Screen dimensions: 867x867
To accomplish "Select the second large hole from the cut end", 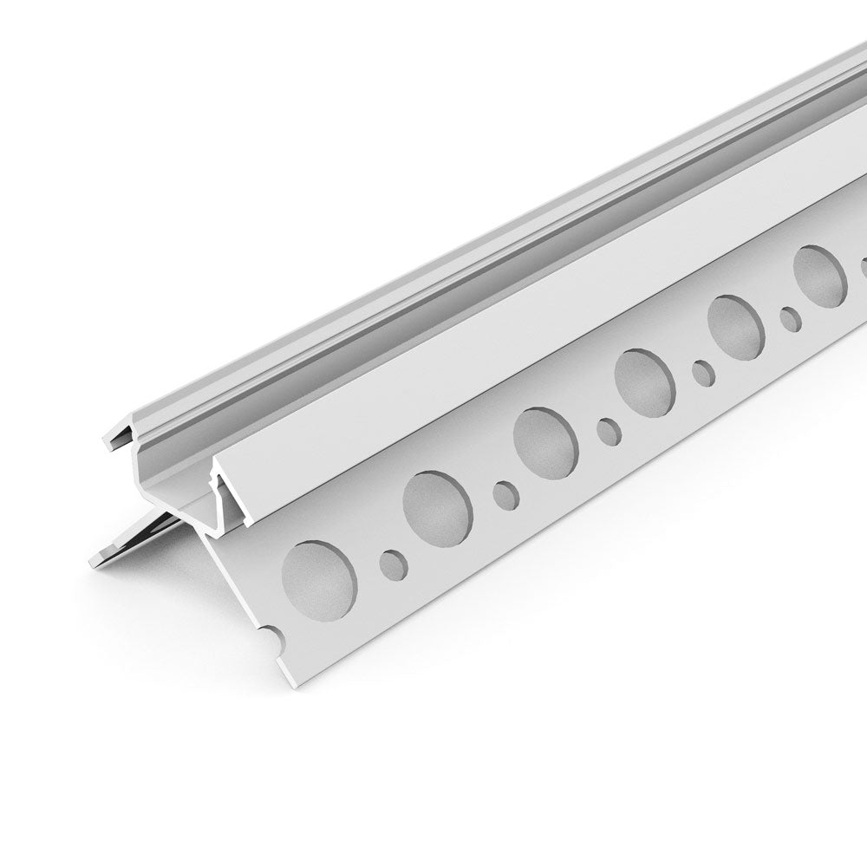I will point(439,508).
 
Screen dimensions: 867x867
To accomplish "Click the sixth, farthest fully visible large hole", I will point(819,275).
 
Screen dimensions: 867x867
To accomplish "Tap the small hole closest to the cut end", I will point(393,563).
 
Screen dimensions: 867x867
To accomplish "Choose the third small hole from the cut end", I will point(609,429).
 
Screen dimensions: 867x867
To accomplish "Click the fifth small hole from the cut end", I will point(790,319).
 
